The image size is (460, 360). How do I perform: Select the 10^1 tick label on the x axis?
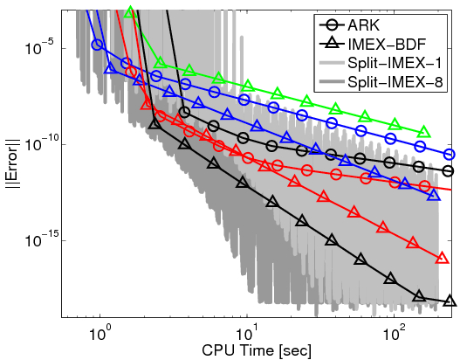click(247, 333)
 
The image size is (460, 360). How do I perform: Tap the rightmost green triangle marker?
click(425, 132)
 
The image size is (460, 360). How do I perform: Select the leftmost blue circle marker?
click(97, 44)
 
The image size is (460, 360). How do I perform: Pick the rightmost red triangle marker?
click(439, 259)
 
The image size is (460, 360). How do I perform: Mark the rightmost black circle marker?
click(449, 171)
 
